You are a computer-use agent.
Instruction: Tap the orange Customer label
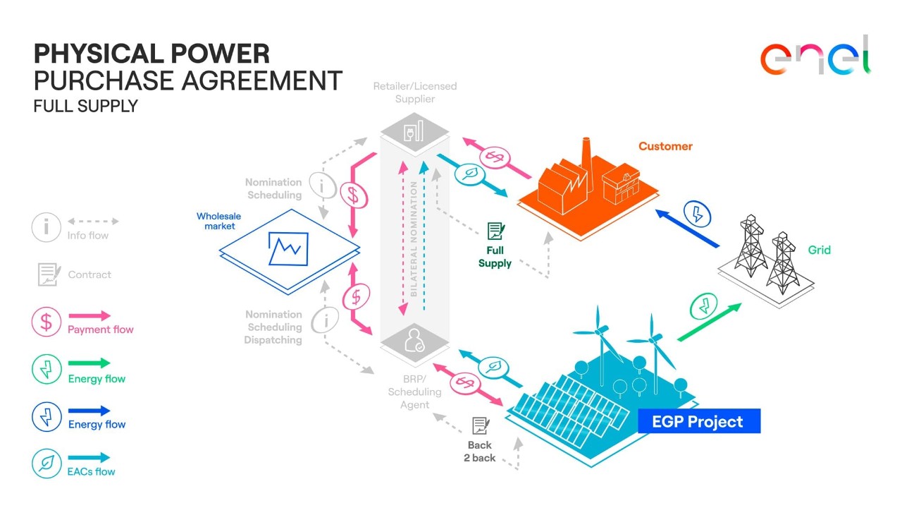pos(665,146)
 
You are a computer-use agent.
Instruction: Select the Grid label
pos(819,250)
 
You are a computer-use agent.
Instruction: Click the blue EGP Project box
pos(698,422)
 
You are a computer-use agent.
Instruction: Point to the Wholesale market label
pos(218,221)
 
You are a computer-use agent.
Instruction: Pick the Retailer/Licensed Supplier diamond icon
pos(414,131)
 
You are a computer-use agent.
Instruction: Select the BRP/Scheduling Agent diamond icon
pos(414,342)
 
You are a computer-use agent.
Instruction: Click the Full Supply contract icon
pos(496,231)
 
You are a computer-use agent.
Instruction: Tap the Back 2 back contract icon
pos(481,425)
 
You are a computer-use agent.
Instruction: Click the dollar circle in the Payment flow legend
pos(46,322)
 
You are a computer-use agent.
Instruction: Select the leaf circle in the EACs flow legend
pos(46,464)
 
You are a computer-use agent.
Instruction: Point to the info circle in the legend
pos(46,227)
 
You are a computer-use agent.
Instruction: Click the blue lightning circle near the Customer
pos(698,214)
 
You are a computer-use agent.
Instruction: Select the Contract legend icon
pos(48,274)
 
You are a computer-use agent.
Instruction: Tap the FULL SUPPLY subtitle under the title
pos(85,107)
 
